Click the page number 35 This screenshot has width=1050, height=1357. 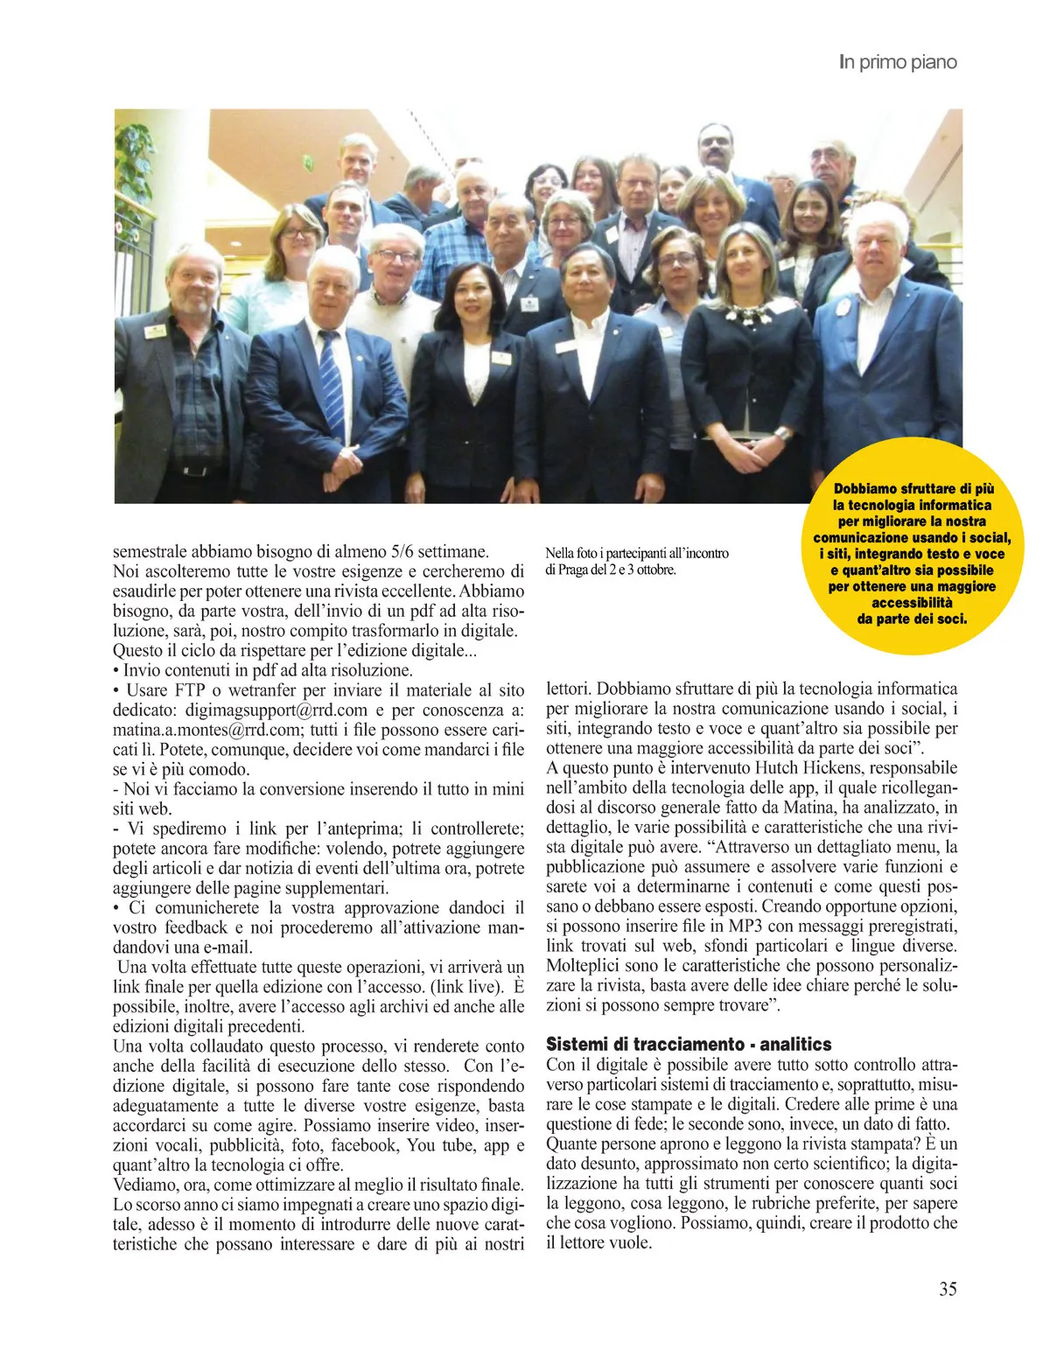[x=948, y=1289]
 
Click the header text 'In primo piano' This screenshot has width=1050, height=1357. [x=898, y=62]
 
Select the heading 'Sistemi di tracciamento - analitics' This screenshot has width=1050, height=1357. [x=689, y=1044]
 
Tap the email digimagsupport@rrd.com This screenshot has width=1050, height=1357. [x=276, y=710]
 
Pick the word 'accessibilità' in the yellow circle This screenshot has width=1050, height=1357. [x=912, y=602]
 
